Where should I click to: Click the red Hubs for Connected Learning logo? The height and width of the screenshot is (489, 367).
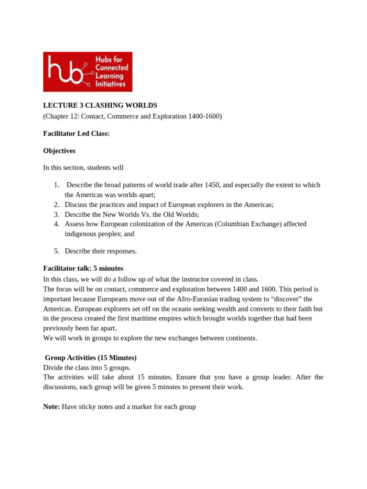coord(87,72)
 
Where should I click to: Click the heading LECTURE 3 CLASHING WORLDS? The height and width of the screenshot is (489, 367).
coord(100,105)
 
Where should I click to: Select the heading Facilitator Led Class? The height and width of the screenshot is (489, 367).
coord(76,134)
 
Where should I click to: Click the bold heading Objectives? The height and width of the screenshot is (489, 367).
coord(59,151)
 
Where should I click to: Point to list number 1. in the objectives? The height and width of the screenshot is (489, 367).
coord(56,185)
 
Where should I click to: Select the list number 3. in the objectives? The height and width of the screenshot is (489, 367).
coord(56,214)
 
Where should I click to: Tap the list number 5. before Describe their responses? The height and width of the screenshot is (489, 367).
coord(56,251)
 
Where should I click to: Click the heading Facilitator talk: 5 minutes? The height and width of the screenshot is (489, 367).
coord(83,268)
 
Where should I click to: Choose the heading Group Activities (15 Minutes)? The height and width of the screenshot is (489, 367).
coord(91,358)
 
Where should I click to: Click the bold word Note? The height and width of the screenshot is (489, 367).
coord(52,407)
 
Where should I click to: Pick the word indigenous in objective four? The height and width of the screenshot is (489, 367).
coord(81,234)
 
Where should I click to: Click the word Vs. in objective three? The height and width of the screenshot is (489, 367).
coord(134,214)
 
